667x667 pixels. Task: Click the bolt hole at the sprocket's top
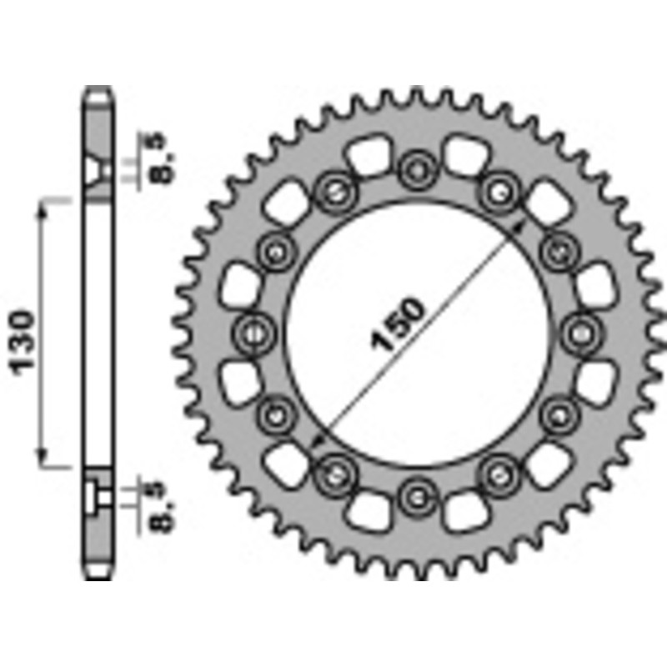(414, 171)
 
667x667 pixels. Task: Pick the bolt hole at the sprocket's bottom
(414, 498)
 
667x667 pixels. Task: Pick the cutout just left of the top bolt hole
(364, 156)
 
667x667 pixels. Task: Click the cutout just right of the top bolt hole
(465, 156)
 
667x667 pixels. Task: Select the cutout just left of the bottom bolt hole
(364, 510)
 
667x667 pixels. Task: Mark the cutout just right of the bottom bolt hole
(465, 510)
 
